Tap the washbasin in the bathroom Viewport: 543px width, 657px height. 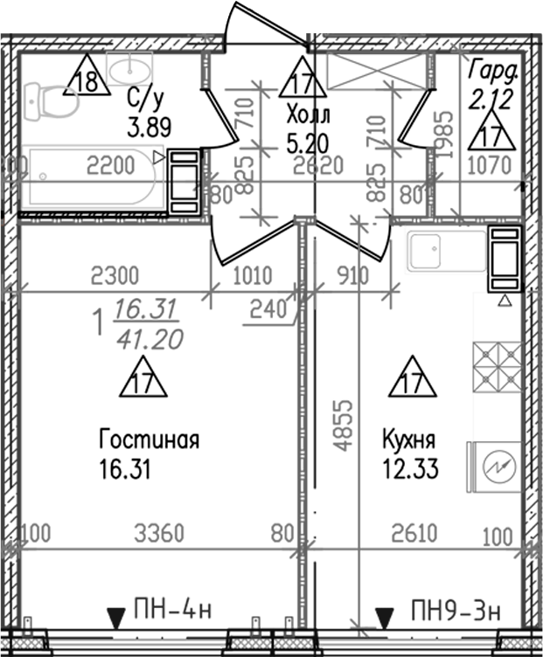click(130, 66)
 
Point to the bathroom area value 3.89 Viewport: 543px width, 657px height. click(148, 128)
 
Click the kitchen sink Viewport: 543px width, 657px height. click(445, 251)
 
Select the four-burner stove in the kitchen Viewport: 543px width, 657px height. click(497, 363)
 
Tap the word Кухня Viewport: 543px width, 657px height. click(408, 438)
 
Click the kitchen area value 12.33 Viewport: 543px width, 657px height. click(409, 470)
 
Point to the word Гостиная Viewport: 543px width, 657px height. click(150, 439)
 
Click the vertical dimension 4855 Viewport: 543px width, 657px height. click(346, 425)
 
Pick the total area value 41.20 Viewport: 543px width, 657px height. click(148, 336)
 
